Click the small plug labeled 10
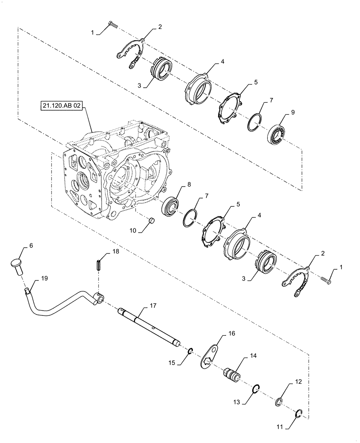[x=150, y=220]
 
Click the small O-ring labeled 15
[x=189, y=352]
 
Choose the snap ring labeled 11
[x=300, y=414]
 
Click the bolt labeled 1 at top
[x=111, y=26]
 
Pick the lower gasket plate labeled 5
[x=211, y=229]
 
